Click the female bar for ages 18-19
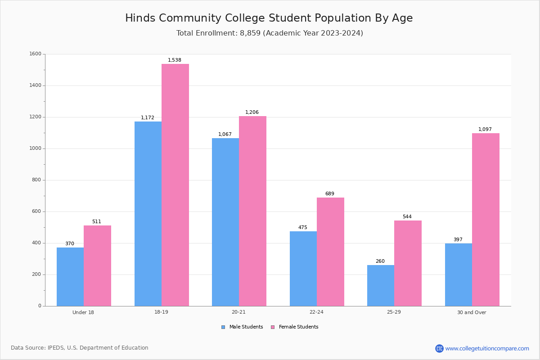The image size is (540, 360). (175, 185)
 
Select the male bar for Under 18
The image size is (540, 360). (70, 277)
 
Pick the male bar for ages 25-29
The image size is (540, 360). (381, 285)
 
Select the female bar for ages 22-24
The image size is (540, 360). (330, 252)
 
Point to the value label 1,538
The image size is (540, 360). (175, 60)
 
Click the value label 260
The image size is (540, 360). (380, 261)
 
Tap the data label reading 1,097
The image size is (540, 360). (485, 130)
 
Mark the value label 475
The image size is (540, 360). (303, 228)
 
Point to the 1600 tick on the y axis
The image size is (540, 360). (36, 54)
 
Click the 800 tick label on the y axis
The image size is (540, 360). (37, 180)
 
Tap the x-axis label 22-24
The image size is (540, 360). (316, 312)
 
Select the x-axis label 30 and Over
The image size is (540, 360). (472, 312)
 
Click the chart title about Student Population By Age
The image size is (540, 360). (269, 18)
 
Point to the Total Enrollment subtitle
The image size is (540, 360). (270, 33)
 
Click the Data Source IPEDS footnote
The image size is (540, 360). (80, 348)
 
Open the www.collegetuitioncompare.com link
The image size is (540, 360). (487, 348)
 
